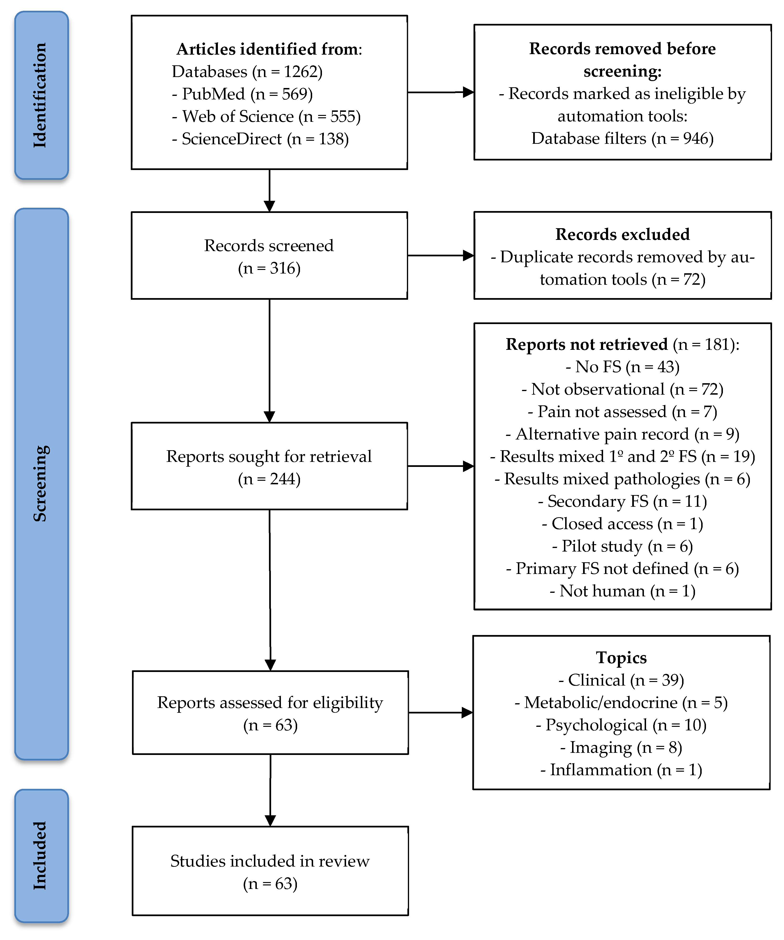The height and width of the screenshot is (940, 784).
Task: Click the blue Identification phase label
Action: pyautogui.click(x=41, y=95)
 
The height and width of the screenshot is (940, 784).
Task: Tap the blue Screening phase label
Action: pyautogui.click(x=41, y=483)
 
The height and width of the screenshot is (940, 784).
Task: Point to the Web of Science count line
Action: pyautogui.click(x=266, y=116)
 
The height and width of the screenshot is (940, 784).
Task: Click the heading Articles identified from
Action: pyautogui.click(x=269, y=49)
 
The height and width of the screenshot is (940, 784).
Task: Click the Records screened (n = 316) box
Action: pyautogui.click(x=269, y=256)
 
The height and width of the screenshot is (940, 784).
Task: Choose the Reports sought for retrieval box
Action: pyautogui.click(x=269, y=466)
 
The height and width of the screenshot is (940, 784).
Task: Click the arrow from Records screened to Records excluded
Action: pyautogui.click(x=441, y=256)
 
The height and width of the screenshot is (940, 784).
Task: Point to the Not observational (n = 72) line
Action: pyautogui.click(x=622, y=389)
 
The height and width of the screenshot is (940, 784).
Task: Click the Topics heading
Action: pyautogui.click(x=621, y=658)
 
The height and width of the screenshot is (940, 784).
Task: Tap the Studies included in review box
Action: pyautogui.click(x=270, y=871)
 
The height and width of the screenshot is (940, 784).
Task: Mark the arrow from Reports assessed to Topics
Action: pyautogui.click(x=441, y=713)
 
